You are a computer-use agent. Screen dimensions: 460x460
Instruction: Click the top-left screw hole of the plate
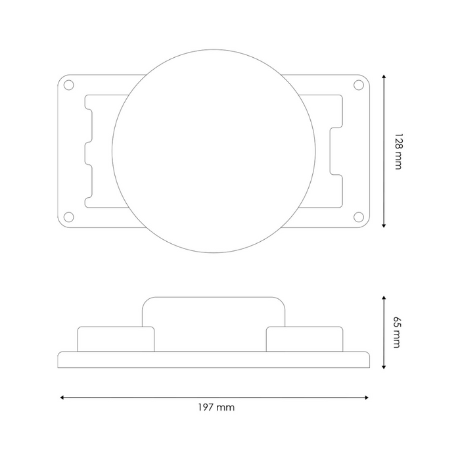[68, 85]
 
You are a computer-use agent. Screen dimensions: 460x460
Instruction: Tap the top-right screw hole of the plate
[358, 85]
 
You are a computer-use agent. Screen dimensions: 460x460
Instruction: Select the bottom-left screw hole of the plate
[68, 217]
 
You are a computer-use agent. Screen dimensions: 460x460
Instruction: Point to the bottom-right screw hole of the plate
[358, 217]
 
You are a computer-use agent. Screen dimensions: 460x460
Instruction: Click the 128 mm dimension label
[397, 151]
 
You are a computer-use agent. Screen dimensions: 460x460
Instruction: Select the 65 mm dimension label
[397, 332]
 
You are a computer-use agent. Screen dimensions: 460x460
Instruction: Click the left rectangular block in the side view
[116, 339]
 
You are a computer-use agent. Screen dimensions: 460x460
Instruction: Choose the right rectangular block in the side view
[305, 339]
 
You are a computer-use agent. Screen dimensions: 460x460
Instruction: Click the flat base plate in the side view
[214, 359]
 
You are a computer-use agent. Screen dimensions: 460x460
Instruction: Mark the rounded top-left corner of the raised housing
[147, 301]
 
